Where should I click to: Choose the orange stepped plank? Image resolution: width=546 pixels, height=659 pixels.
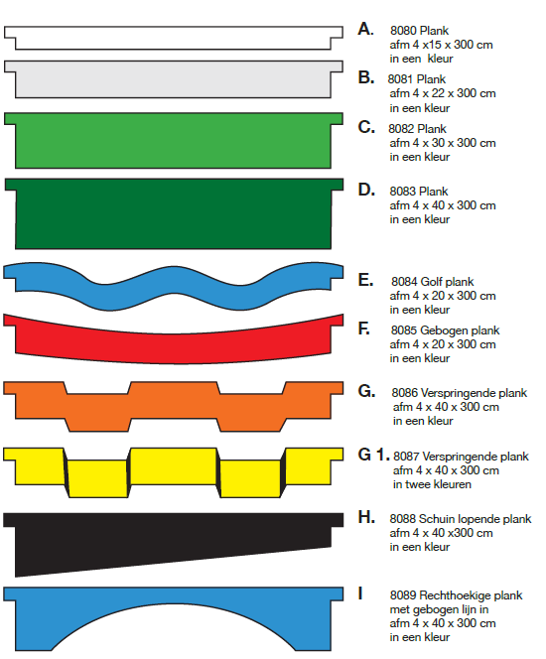173,406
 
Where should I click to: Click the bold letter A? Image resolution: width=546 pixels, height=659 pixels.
365,29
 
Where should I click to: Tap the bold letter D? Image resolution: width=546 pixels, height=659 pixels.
366,190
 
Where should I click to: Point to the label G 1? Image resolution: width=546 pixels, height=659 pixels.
373,455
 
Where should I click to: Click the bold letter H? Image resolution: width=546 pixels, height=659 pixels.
366,517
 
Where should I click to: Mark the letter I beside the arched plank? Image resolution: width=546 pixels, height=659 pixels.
360,593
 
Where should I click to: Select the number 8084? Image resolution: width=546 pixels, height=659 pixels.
404,282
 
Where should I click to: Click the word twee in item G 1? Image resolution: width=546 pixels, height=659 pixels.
417,484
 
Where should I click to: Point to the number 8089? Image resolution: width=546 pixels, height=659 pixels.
403,595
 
